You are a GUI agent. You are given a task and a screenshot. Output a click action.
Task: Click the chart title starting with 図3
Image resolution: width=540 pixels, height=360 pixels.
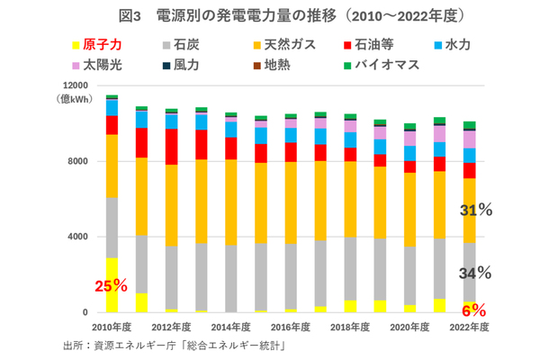click(x=270, y=15)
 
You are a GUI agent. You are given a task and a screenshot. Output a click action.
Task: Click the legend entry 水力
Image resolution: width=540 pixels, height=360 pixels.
click(x=455, y=43)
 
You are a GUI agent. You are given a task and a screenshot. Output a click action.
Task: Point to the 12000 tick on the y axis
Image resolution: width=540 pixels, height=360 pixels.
click(x=74, y=85)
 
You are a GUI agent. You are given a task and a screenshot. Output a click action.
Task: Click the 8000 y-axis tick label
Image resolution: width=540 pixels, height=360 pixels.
click(x=76, y=161)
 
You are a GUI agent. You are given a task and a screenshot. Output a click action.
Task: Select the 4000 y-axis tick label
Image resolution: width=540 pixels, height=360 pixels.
click(x=76, y=237)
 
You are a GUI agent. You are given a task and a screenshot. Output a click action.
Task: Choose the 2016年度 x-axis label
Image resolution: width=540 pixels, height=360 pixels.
click(x=289, y=328)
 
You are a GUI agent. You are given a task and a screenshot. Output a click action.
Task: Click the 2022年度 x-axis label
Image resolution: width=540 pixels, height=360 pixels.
click(x=469, y=328)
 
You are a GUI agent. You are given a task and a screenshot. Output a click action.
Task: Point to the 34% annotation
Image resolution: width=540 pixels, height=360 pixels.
click(x=474, y=273)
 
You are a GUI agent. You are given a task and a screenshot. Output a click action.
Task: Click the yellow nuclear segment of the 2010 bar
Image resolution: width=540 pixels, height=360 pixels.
click(x=112, y=284)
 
